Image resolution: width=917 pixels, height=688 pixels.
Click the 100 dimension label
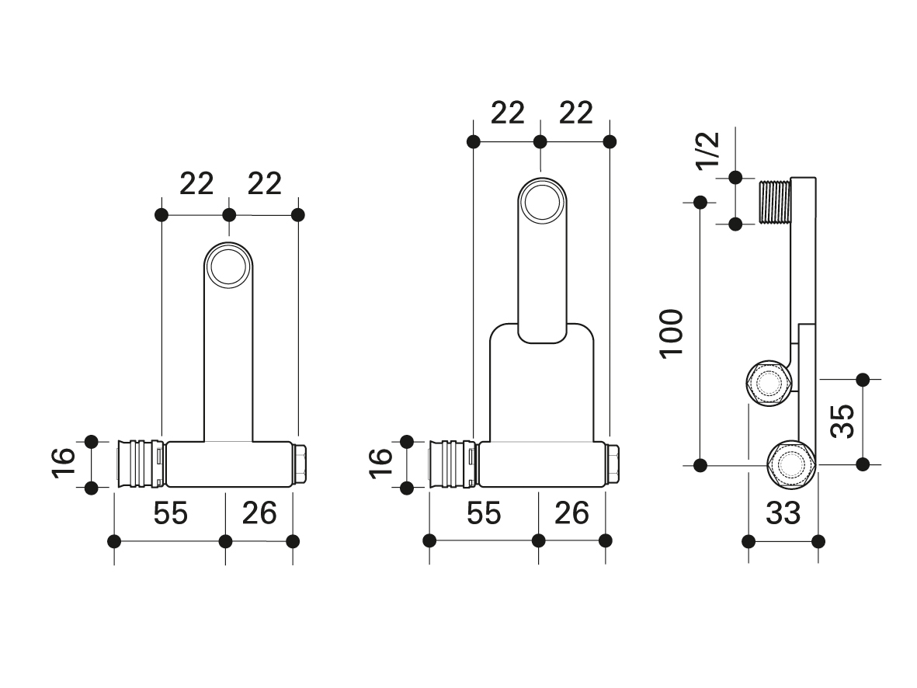(x=672, y=332)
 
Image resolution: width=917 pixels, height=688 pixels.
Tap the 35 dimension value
(x=842, y=421)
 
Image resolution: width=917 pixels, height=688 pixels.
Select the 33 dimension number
(x=783, y=513)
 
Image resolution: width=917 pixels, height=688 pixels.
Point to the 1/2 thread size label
(x=707, y=151)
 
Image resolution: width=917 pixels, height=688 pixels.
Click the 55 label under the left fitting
(x=171, y=513)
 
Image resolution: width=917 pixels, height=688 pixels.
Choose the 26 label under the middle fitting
(x=572, y=513)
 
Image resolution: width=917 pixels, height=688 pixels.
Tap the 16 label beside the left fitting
(x=64, y=464)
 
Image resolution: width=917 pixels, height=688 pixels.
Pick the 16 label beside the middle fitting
(x=380, y=464)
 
